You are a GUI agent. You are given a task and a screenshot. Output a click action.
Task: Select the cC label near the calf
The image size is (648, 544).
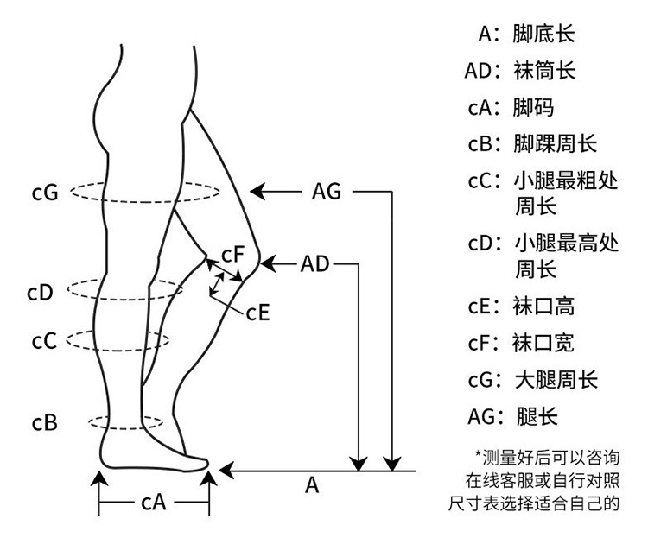[x=44, y=341]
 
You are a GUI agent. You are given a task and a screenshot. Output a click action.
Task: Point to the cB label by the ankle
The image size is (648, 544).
[x=45, y=423]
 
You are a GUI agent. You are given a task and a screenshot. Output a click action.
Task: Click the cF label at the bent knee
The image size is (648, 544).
[x=235, y=255]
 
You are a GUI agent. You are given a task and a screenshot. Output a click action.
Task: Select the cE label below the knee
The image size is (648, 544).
[x=258, y=313]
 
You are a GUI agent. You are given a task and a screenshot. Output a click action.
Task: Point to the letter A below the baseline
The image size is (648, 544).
[x=313, y=486]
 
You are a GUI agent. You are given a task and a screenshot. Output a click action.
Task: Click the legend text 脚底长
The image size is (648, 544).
[x=543, y=34]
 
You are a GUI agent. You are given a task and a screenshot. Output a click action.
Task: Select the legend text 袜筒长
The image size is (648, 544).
[x=543, y=71]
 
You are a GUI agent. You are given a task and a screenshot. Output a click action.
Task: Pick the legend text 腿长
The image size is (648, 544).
[x=536, y=416]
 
